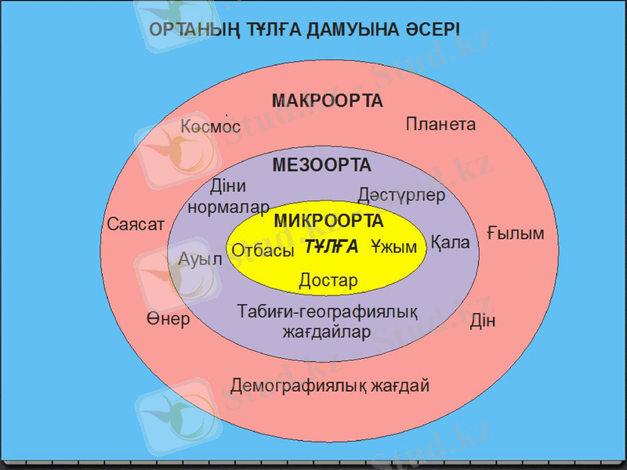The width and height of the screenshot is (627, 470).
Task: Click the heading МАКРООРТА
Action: tap(327, 101)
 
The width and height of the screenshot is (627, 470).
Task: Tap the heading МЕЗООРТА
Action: tap(321, 165)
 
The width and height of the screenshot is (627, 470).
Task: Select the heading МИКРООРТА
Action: tap(328, 221)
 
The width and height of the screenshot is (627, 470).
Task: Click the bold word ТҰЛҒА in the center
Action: tap(331, 247)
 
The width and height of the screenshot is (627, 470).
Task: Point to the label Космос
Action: tap(210, 127)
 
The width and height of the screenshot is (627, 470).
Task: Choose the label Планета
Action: tap(440, 124)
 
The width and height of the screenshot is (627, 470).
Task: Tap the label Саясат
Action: tap(136, 225)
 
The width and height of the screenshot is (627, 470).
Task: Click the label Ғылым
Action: tap(515, 233)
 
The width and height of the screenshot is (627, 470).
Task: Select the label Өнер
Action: tap(168, 320)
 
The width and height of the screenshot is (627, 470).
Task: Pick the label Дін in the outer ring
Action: tap(483, 322)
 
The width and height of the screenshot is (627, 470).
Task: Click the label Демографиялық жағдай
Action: tap(330, 386)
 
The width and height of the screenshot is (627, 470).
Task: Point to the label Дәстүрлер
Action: tap(400, 194)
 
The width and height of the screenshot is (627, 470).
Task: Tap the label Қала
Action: tap(450, 243)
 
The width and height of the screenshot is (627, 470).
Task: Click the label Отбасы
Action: tap(263, 251)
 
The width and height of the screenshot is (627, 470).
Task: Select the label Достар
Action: tap(328, 280)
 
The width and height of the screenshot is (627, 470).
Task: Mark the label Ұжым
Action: tap(393, 247)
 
